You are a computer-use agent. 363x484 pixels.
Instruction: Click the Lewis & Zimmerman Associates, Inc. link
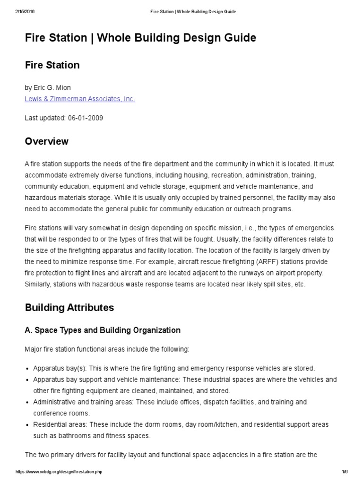pos(79,99)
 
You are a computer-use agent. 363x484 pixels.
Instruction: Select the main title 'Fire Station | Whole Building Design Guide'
pos(140,38)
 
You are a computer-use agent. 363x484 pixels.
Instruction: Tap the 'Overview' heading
pos(46,141)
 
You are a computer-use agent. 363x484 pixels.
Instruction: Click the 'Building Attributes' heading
pos(69,307)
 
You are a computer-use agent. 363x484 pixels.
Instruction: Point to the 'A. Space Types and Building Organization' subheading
pos(103,330)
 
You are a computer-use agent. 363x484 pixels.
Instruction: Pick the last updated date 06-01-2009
pos(85,118)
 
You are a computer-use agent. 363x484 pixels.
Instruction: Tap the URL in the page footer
pos(59,472)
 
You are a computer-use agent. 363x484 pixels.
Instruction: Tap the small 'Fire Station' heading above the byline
pos(52,65)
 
